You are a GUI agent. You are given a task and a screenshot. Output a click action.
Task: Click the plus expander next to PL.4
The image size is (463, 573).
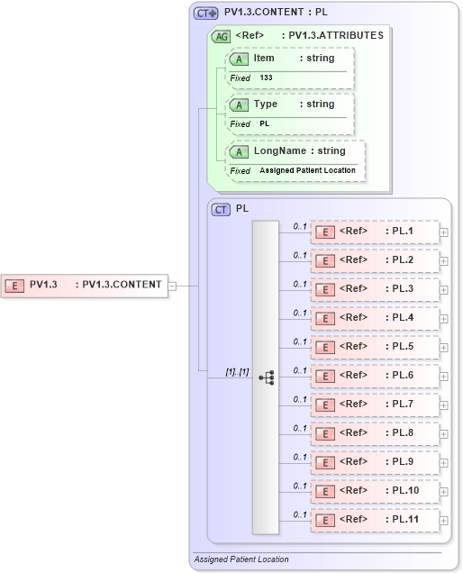[x=443, y=318]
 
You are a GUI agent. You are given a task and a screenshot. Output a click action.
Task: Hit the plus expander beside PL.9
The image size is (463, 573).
[x=443, y=462]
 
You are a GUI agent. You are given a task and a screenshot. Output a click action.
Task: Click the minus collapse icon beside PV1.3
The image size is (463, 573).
[x=172, y=286]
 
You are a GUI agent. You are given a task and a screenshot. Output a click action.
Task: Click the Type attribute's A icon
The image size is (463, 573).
[x=239, y=105]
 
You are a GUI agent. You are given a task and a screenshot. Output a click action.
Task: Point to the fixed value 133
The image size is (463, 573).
[x=267, y=78]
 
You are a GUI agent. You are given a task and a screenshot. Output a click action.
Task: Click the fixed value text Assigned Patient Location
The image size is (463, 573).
[x=307, y=170]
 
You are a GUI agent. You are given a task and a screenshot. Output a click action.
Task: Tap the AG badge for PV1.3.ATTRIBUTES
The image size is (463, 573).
[x=220, y=36]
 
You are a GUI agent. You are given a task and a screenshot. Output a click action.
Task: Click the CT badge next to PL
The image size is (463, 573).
[x=221, y=209]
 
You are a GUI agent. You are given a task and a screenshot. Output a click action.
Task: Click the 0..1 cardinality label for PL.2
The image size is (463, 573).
[x=300, y=255]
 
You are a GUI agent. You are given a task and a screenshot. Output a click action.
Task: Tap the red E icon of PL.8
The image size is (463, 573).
[x=323, y=433]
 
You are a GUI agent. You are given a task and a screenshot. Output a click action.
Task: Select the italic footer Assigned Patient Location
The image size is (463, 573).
[x=241, y=559]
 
